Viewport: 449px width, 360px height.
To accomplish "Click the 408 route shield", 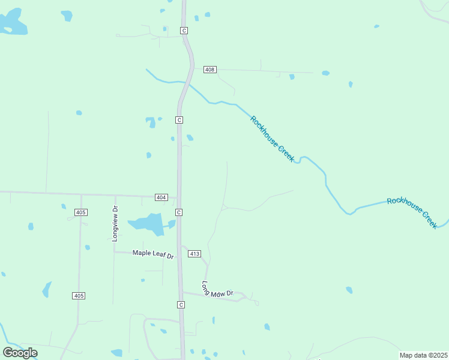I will [209, 70].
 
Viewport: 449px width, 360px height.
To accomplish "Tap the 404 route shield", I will [161, 197].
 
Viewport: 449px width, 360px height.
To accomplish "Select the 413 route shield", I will [194, 254].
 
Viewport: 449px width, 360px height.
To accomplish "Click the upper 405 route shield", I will [81, 212].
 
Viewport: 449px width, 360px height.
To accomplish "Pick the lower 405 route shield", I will [79, 296].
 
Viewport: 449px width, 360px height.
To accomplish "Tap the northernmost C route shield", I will [184, 30].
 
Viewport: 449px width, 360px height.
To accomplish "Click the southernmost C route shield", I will [181, 305].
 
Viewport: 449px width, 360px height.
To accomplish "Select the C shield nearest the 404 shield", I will [179, 212].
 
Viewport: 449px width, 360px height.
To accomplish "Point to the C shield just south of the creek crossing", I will [179, 120].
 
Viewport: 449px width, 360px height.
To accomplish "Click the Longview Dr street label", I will [115, 224].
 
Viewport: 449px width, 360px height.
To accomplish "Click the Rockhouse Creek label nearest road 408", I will [272, 139].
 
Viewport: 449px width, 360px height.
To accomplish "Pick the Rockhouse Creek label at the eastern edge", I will [412, 211].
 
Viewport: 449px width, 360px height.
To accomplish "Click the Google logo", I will [20, 353].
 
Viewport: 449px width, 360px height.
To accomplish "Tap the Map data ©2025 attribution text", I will [423, 355].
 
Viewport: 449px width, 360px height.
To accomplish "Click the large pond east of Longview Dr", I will [148, 224].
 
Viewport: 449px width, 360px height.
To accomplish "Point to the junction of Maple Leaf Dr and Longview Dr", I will [115, 252].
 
